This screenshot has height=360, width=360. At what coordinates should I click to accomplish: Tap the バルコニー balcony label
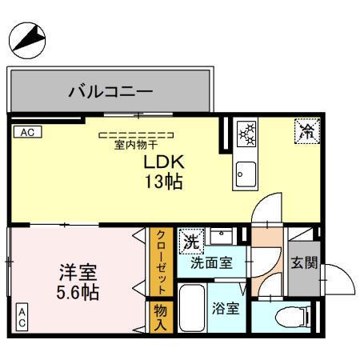point(112,90)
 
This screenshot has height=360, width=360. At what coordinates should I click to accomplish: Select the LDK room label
point(162,162)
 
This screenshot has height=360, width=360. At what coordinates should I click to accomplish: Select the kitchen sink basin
point(245,171)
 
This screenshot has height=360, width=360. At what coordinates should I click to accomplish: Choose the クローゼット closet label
point(161,262)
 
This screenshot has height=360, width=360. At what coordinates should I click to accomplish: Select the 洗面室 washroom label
point(211,262)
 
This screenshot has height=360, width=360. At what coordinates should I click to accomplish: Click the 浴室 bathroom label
point(226,308)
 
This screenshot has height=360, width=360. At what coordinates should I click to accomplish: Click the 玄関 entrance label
point(305,262)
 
